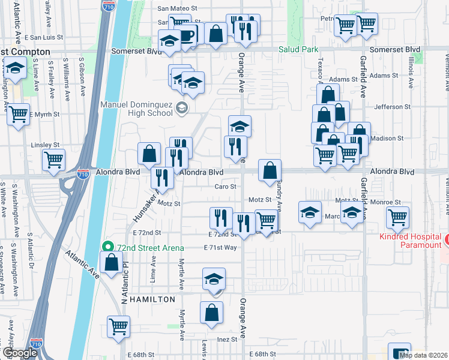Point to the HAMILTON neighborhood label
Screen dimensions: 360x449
coord(150,299)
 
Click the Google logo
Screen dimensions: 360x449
coord(20,353)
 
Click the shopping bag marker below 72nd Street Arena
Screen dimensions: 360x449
coord(112,262)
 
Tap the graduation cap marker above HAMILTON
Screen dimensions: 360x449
coord(214,281)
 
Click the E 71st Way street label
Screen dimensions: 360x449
coord(220,247)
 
